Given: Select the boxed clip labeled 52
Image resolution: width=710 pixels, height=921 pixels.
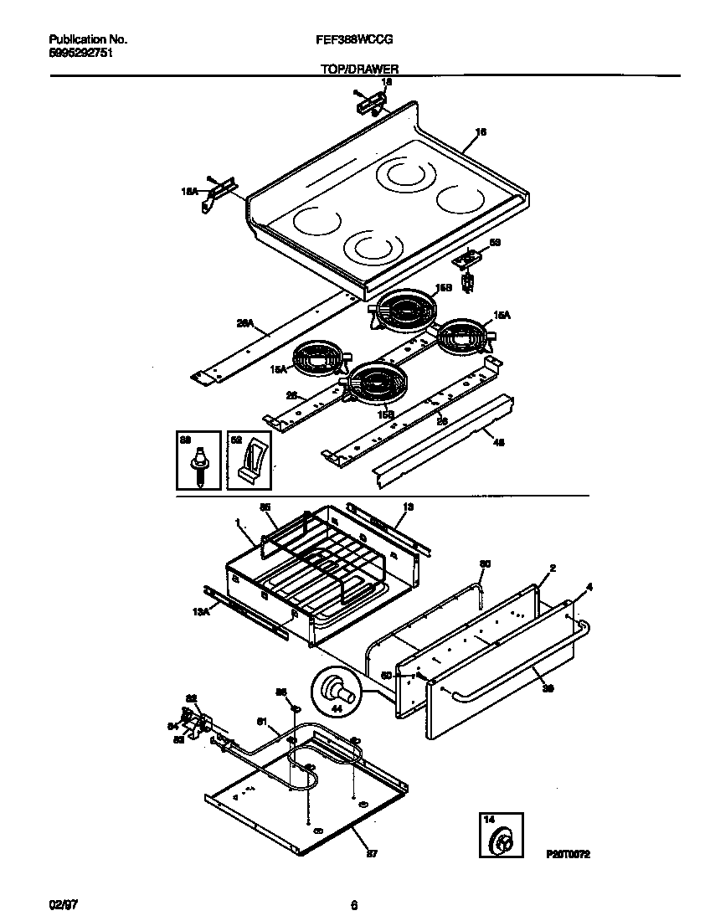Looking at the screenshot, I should pos(249,461).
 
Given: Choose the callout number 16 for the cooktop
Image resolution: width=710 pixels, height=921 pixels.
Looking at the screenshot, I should pos(481,131).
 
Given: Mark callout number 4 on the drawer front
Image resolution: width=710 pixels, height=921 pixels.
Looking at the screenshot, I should pos(589,587).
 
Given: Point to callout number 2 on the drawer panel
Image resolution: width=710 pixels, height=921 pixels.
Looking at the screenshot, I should pos(552,569).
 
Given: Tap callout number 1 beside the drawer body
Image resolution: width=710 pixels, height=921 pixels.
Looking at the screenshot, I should pos(238,522).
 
